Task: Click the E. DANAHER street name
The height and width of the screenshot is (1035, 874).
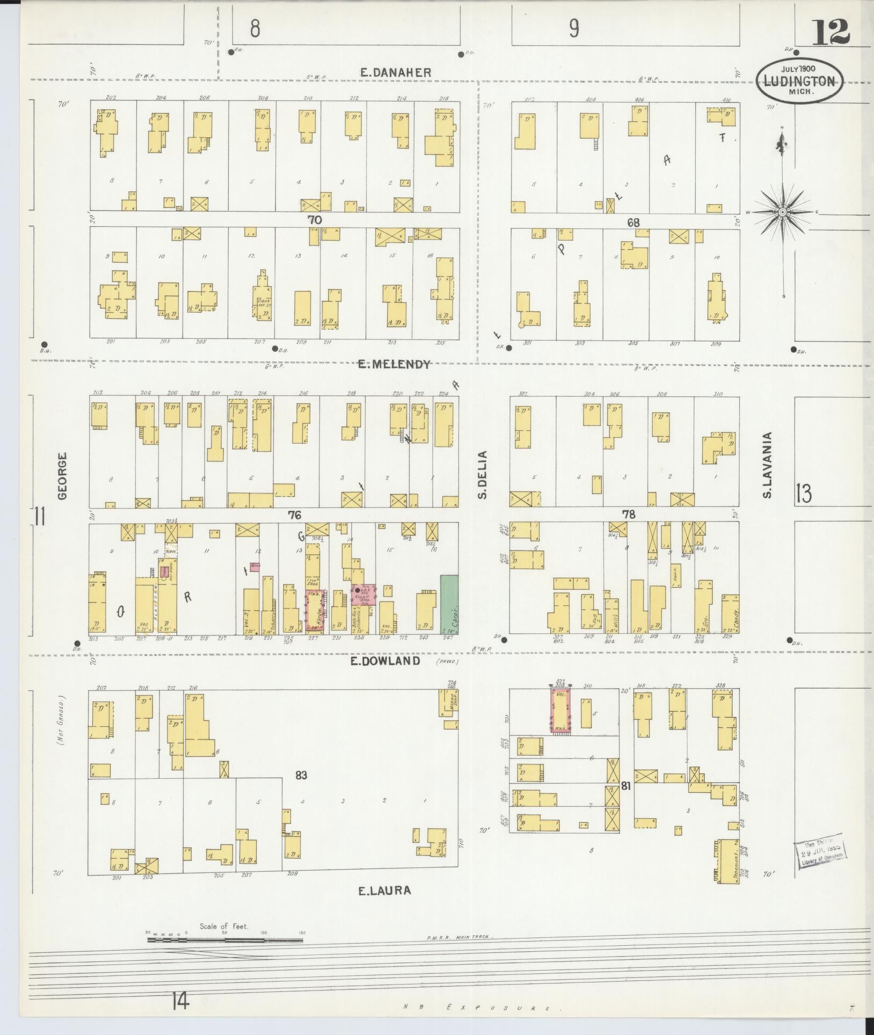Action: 396,73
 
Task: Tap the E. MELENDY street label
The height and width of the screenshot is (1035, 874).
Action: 395,365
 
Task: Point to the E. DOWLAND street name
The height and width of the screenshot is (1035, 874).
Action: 385,661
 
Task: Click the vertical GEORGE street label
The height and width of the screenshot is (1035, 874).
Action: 63,476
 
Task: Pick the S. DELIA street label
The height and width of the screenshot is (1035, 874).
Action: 483,475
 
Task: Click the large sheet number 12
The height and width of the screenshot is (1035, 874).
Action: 831,33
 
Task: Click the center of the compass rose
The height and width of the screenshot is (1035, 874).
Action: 783,213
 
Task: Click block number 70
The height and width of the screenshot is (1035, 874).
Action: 315,219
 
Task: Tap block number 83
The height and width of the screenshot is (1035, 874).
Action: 301,775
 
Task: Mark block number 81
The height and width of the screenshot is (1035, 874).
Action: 625,786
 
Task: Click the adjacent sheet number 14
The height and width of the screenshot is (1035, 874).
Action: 181,1001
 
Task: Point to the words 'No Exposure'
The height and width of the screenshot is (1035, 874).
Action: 483,1009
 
